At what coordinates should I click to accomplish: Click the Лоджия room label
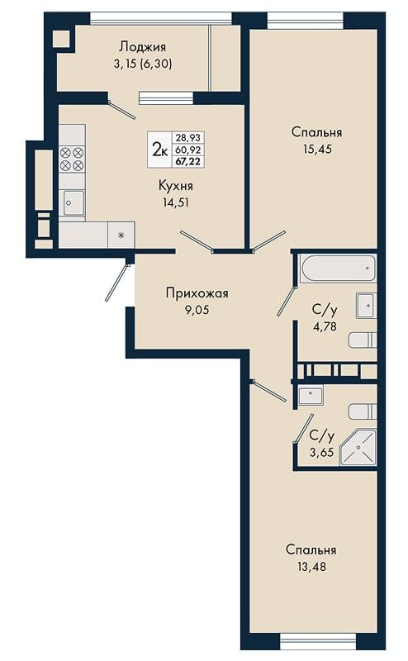(142, 46)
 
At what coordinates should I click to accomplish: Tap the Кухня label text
(176, 185)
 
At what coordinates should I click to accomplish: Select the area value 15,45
(317, 149)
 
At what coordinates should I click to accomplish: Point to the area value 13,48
(311, 567)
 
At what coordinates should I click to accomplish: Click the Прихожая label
(197, 293)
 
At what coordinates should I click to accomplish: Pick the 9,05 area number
(197, 311)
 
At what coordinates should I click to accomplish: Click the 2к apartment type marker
(160, 150)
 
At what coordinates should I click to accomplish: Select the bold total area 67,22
(188, 161)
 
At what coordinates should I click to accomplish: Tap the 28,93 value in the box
(188, 138)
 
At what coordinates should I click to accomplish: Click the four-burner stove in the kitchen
(72, 159)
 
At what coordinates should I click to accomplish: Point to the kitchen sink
(74, 202)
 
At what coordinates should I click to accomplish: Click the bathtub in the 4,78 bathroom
(337, 268)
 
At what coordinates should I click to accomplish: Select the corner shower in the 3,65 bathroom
(358, 447)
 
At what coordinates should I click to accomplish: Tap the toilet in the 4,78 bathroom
(363, 340)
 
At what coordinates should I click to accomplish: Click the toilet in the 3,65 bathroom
(363, 411)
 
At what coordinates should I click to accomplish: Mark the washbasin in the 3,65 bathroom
(311, 395)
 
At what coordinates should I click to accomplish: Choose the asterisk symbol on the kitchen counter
(121, 235)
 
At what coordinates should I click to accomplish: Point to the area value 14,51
(176, 202)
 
